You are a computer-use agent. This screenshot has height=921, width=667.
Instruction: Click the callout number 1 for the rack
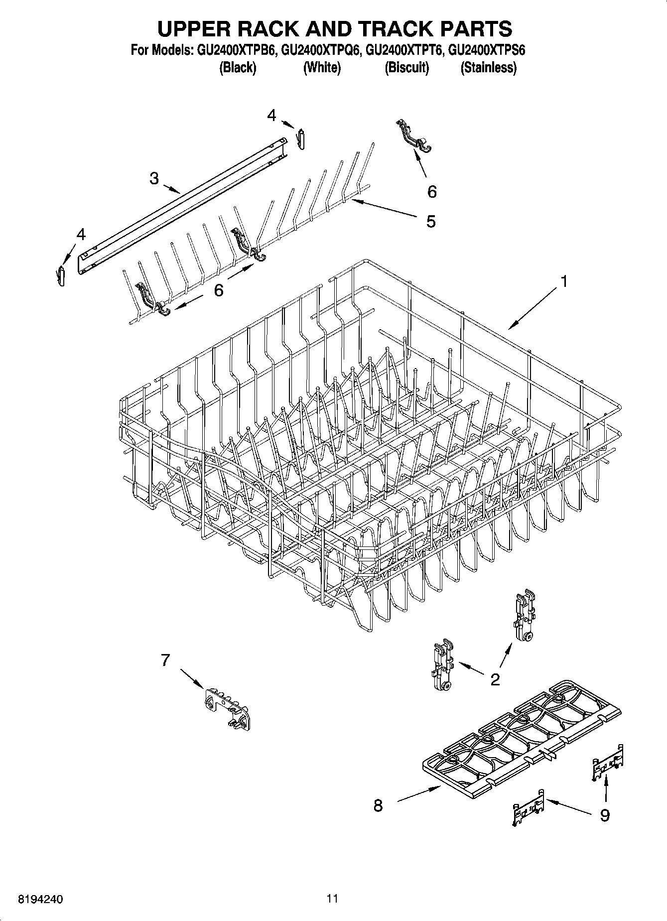[x=563, y=282]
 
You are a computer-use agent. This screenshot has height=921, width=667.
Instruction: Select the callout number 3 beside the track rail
[x=154, y=178]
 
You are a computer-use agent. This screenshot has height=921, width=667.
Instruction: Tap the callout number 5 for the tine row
[x=431, y=221]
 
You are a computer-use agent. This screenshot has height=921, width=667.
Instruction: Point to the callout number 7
[x=165, y=660]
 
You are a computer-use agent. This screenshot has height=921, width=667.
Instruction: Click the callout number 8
[x=378, y=805]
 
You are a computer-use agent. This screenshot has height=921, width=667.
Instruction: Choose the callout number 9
[x=604, y=815]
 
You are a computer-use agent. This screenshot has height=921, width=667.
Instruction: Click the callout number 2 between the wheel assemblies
[x=495, y=679]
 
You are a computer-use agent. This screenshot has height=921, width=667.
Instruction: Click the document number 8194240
[x=40, y=899]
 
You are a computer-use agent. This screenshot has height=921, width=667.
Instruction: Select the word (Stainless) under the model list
[x=488, y=68]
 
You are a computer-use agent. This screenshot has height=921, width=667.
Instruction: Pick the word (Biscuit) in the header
[x=406, y=68]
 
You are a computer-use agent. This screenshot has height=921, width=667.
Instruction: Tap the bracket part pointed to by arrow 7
[x=227, y=707]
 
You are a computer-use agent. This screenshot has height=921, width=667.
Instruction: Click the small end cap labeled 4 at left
[x=61, y=275]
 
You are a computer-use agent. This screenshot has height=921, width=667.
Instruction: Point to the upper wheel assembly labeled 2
[x=524, y=616]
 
